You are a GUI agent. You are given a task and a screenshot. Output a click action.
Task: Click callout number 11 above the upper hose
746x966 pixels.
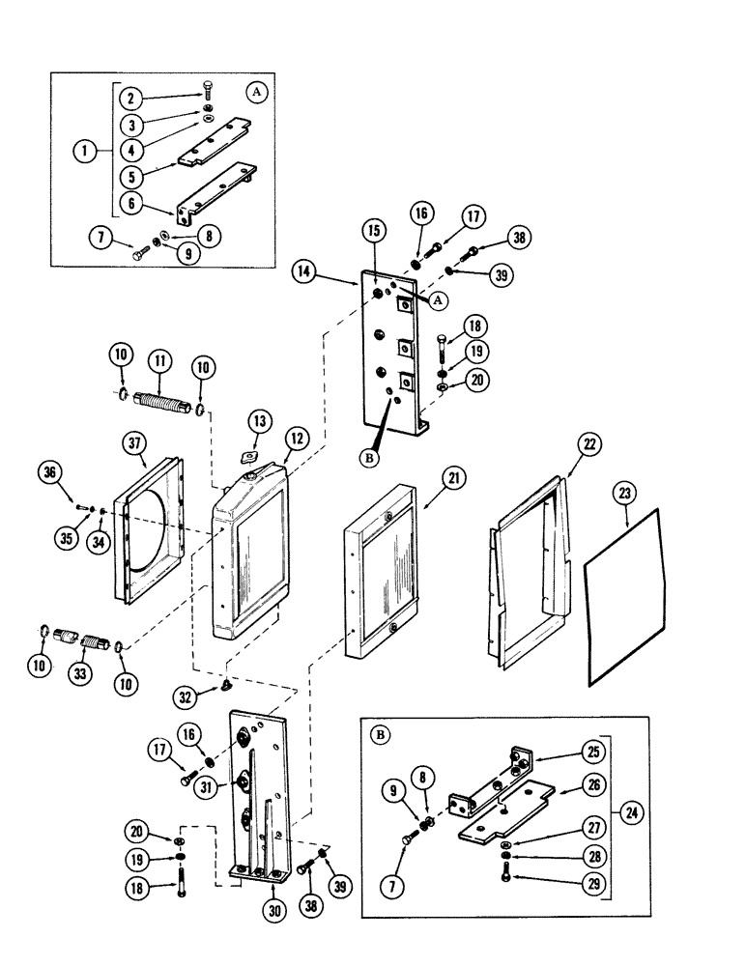point(159,361)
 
